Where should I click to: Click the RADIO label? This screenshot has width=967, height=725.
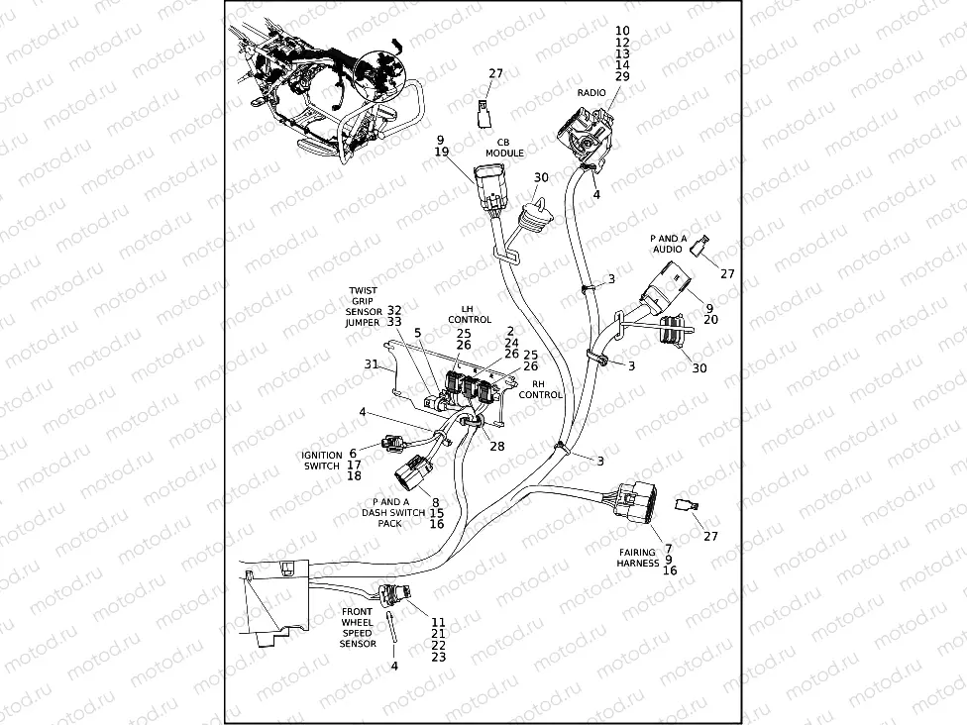[591, 92]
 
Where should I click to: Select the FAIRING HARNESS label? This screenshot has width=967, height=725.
[638, 559]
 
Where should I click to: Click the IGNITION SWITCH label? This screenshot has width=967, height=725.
[321, 461]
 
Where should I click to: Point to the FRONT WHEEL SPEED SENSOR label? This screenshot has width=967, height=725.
[358, 628]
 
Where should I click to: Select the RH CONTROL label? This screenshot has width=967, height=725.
[541, 388]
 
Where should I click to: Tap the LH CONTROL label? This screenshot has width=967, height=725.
[470, 314]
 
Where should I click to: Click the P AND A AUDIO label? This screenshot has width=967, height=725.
[668, 245]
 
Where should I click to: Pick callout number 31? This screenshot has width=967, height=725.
[372, 364]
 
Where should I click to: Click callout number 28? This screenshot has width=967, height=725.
[496, 447]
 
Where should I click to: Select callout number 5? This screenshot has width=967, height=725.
[418, 333]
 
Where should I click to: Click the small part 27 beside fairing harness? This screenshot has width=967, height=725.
[685, 506]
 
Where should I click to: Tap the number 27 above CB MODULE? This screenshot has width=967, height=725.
[496, 74]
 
